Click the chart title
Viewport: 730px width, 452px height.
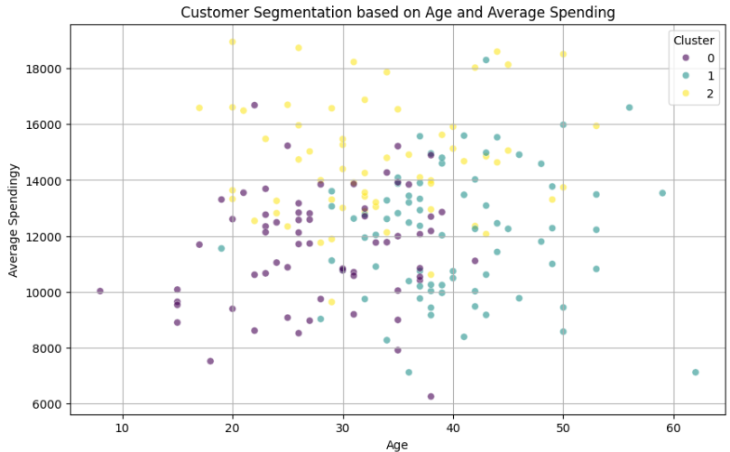(397, 12)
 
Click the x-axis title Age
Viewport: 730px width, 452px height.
(397, 444)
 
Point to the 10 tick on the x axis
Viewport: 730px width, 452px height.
(123, 427)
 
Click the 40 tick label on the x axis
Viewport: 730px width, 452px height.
(453, 427)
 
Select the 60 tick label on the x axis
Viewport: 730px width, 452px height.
(673, 427)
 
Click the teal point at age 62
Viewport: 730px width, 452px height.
(695, 372)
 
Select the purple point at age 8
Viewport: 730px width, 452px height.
(100, 291)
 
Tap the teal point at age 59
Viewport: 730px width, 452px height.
(662, 193)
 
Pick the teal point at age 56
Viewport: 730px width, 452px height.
(629, 107)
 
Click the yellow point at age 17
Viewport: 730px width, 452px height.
(199, 108)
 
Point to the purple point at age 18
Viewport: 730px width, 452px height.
(210, 361)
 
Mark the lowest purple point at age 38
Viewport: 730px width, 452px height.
(430, 396)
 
